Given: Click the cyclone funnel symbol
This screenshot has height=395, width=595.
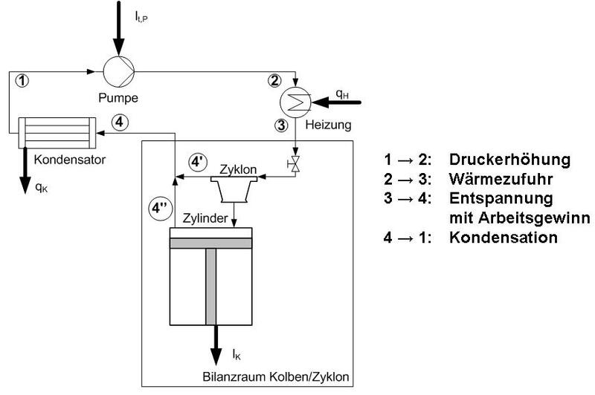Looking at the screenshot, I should [234, 192].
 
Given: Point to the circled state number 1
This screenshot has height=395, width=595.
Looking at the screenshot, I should [23, 80].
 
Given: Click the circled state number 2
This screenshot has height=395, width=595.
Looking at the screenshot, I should [275, 81].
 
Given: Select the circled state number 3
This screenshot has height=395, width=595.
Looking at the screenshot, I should [281, 125].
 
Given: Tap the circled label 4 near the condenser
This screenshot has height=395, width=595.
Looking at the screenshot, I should [120, 123].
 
